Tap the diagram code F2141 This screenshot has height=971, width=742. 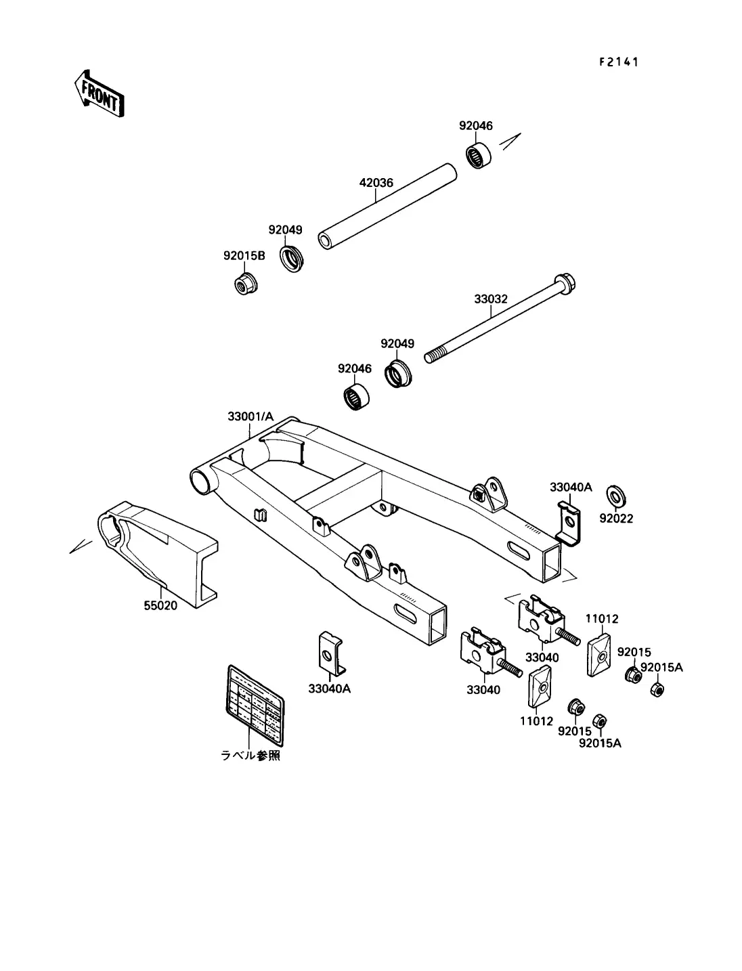619,62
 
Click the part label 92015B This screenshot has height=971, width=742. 244,256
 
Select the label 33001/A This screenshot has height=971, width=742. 250,417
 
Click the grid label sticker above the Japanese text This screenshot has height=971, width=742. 254,702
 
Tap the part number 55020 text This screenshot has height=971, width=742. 160,605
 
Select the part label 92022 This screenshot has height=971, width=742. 616,519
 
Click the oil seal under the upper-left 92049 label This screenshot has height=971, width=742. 292,260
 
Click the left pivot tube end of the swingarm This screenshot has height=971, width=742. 202,481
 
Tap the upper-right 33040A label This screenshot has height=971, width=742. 571,487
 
